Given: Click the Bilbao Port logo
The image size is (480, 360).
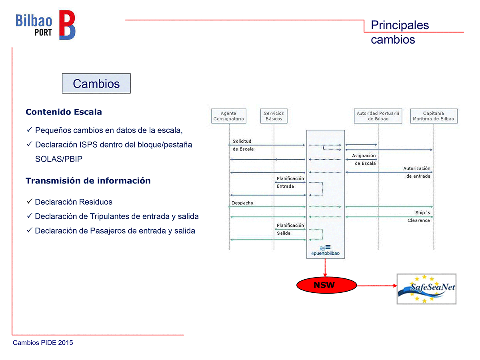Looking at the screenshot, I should pos(45,25).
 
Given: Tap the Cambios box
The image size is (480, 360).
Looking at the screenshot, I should pos(96,84).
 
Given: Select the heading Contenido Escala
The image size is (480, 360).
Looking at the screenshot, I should pos(64,112).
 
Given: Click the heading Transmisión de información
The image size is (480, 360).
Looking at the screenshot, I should pos(88,181).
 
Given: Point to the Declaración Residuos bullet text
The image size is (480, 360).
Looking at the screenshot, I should pos(74,202).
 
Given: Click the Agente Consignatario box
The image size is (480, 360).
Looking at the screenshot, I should pos(228,116).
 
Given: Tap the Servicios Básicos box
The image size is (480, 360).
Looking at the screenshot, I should pos(274,116).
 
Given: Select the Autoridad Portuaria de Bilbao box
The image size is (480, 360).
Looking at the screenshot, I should pos(378,116).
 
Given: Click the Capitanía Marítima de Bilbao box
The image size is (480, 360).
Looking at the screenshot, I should pos(433,116).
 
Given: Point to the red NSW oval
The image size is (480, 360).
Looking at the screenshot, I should pos(326,286).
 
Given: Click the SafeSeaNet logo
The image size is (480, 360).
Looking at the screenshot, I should pos(426,289).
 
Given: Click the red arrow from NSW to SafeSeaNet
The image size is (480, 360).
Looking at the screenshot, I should pos(376,286).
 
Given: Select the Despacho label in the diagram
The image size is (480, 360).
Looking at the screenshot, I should pos(242,203).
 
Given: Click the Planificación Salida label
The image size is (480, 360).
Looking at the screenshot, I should pos(290,229).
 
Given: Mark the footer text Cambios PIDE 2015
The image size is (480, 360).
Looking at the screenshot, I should pos(43,343).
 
